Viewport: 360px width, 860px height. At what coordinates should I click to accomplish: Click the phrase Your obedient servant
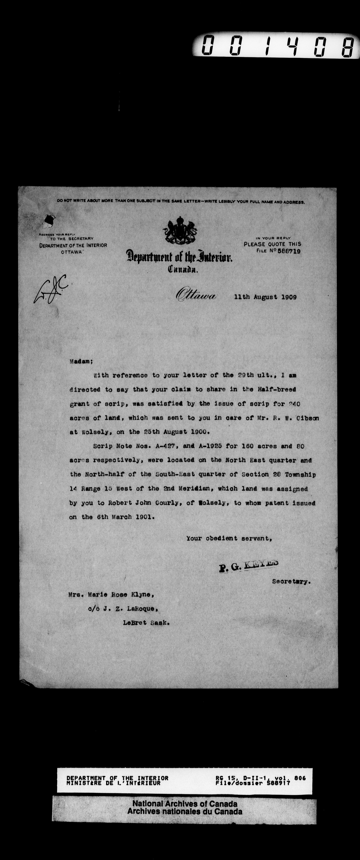point(229,538)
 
